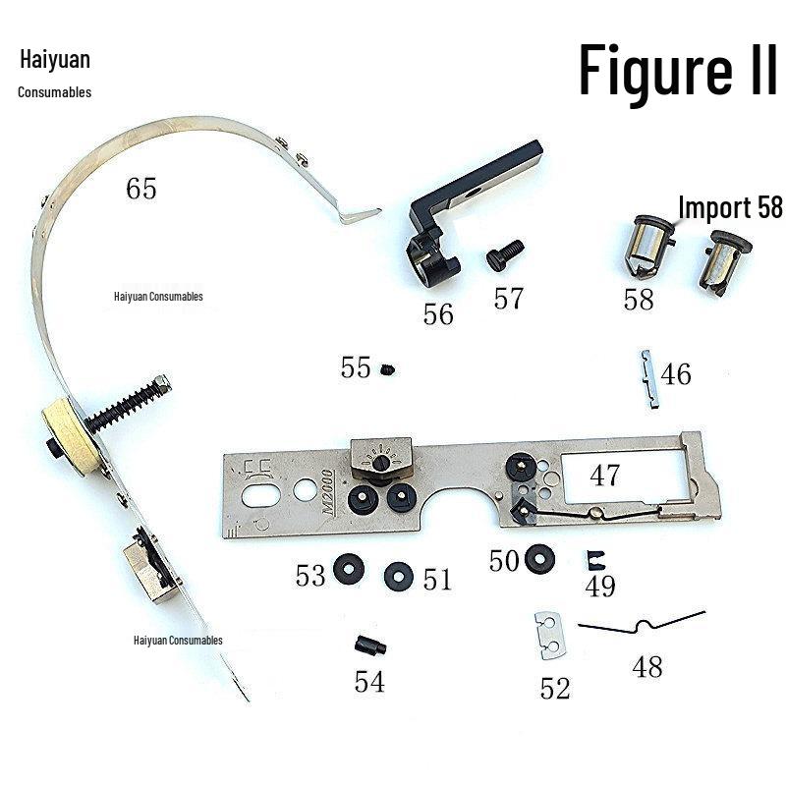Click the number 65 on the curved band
click(x=140, y=189)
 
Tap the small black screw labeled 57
click(x=505, y=254)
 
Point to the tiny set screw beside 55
click(x=387, y=370)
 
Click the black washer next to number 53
click(x=349, y=569)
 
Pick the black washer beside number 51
click(x=399, y=577)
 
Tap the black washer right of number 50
click(x=539, y=558)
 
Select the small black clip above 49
click(x=595, y=560)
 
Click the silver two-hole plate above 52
click(x=550, y=635)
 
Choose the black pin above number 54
click(x=370, y=645)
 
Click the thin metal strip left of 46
click(x=649, y=379)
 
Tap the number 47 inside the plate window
click(x=604, y=475)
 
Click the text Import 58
click(x=729, y=207)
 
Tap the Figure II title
click(x=678, y=69)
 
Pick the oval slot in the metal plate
click(x=260, y=495)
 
